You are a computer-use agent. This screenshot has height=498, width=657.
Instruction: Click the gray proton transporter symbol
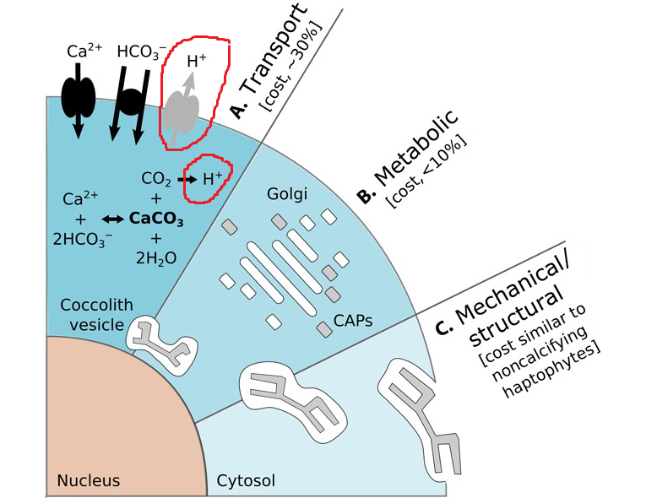click(182, 108)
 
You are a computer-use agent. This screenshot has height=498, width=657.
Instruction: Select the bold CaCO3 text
click(157, 219)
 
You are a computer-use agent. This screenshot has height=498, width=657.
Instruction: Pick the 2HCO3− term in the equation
click(82, 239)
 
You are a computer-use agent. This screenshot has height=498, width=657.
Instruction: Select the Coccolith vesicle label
click(96, 312)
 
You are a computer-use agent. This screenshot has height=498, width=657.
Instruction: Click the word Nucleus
click(89, 481)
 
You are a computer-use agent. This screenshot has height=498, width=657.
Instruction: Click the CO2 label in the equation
click(157, 179)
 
